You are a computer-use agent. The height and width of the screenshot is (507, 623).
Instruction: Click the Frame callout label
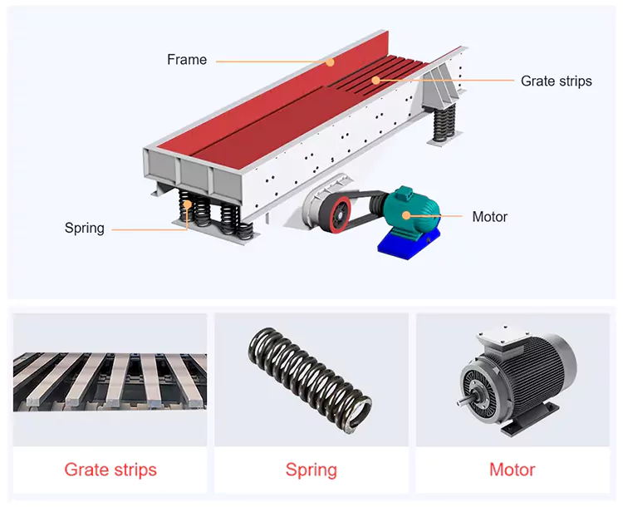[187, 60]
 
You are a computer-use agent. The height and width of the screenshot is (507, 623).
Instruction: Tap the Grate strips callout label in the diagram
[557, 81]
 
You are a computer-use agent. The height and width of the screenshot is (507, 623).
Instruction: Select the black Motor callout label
[490, 217]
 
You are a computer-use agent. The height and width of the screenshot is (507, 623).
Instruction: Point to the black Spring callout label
[85, 228]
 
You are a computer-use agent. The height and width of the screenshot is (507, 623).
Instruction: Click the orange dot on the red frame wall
[330, 62]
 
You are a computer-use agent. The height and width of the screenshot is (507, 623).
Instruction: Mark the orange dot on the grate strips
[375, 81]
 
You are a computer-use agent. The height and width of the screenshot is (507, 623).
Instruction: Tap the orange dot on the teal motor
[405, 215]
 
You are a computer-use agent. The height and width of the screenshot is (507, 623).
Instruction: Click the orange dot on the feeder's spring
[188, 204]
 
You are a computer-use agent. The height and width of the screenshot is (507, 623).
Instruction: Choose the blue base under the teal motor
[410, 244]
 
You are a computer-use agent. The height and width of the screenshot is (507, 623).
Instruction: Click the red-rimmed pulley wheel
[336, 214]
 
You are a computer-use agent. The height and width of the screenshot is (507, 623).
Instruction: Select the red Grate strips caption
[110, 470]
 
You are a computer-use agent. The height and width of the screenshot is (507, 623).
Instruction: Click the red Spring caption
[311, 470]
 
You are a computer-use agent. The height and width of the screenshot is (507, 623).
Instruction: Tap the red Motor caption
[513, 470]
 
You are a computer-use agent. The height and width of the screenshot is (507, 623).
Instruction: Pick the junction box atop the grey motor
[500, 337]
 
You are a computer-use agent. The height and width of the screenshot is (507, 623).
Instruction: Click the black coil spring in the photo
[311, 381]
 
